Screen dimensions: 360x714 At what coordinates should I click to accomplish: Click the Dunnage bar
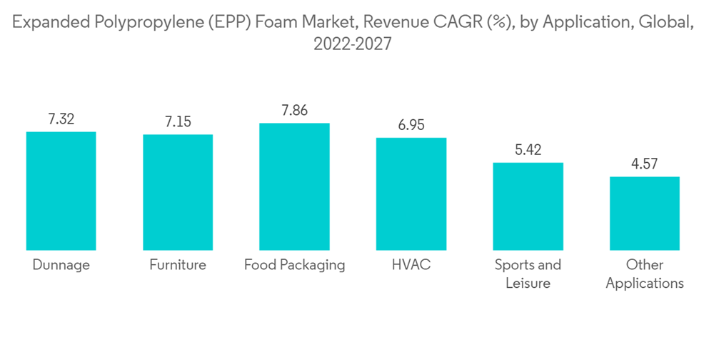click(61, 191)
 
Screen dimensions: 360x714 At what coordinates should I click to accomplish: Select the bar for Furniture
click(178, 192)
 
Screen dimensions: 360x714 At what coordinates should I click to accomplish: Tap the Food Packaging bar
click(294, 186)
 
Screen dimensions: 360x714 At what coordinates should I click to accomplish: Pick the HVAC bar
click(411, 194)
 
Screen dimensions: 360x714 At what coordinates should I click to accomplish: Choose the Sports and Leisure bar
click(528, 206)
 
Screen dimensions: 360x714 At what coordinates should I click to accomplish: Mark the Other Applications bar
click(645, 214)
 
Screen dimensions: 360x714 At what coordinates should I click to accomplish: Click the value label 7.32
click(61, 120)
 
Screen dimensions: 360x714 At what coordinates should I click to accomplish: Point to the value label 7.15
click(178, 123)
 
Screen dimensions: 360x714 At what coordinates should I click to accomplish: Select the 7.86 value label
click(294, 111)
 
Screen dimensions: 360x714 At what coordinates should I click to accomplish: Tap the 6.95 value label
click(411, 126)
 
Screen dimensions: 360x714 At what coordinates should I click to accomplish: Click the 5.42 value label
click(528, 151)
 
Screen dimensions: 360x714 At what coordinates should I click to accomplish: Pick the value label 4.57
click(645, 165)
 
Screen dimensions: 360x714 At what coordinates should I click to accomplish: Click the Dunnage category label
click(61, 265)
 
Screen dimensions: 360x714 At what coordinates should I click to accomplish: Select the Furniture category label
click(178, 265)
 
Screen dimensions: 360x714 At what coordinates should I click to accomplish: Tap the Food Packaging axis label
click(294, 265)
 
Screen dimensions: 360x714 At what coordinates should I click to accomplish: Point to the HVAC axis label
click(411, 265)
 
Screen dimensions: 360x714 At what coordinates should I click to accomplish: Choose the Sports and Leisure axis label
click(528, 274)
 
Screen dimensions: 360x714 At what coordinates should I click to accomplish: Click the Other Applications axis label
click(645, 274)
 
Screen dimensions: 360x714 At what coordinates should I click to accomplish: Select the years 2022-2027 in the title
click(353, 44)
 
